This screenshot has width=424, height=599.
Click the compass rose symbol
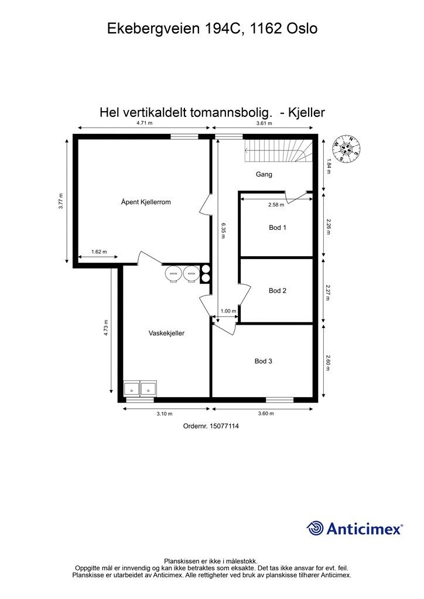(x=346, y=147)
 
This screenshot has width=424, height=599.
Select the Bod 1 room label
(x=278, y=228)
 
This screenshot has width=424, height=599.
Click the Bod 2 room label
(x=278, y=290)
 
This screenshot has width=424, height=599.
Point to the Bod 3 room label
(x=263, y=361)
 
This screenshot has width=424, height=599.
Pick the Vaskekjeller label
(x=166, y=333)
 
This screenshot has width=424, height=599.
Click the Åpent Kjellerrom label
(x=146, y=202)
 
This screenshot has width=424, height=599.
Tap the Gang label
(x=264, y=174)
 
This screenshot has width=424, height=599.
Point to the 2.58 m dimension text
(x=276, y=205)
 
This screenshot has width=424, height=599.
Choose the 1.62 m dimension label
(x=99, y=252)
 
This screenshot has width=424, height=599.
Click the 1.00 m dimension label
(x=228, y=311)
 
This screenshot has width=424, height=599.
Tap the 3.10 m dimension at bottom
(x=165, y=414)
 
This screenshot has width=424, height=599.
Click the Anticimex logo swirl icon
(x=316, y=528)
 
